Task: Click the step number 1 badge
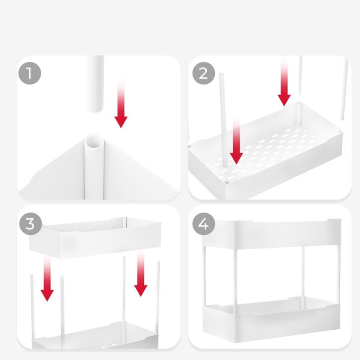point(30,73)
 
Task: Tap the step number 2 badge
point(204,73)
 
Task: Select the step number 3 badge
point(31,224)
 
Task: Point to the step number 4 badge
point(204,224)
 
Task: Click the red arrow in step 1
point(121,103)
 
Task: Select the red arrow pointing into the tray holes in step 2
point(237,139)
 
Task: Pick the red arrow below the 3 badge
point(47,279)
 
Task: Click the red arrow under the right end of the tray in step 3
point(140,274)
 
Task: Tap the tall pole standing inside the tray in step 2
point(223,120)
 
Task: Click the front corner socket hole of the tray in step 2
point(227,182)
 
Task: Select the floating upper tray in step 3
point(95,238)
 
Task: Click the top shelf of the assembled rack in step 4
point(271,234)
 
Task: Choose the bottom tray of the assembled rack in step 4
point(271,319)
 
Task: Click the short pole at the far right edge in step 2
point(344,90)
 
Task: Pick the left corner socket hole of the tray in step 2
point(189,146)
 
